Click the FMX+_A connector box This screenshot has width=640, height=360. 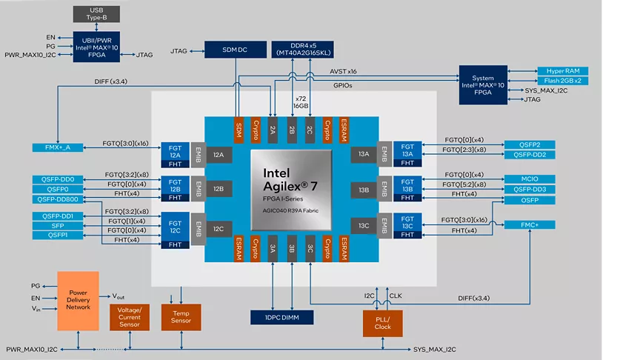[56, 147]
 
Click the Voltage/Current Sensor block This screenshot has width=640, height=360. [130, 317]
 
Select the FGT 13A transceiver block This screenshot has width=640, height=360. [407, 149]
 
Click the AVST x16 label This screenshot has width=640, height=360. [343, 71]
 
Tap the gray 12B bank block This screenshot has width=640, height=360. [219, 189]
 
